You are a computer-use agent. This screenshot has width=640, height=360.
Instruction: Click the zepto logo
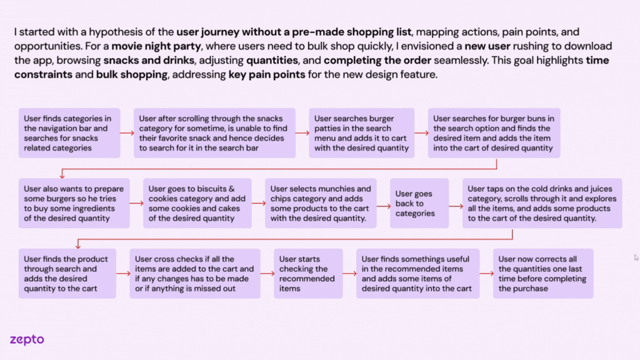pos(27,340)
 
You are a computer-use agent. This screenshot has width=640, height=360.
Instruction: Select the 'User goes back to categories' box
pos(415,203)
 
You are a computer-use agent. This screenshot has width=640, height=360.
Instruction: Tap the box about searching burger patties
pos(361,133)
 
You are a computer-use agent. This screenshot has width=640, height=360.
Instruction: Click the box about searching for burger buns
pos(494,133)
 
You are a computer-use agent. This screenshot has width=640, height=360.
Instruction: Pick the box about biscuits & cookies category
pos(197,203)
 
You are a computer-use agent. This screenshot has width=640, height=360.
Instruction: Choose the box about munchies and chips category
pos(321,203)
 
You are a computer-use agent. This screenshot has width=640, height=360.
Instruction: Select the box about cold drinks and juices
pos(542,203)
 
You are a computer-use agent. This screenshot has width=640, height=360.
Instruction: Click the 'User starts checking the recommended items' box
pos(307,273)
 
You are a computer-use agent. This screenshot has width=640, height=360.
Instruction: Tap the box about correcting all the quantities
pos(542,273)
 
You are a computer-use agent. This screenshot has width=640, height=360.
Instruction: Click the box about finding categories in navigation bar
pos(69,133)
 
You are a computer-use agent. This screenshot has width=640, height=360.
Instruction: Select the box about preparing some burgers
pos(74,203)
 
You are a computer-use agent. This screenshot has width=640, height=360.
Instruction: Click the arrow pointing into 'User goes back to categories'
pos(384,203)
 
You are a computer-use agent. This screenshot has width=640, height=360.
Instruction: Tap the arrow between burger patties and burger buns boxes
pos(421,133)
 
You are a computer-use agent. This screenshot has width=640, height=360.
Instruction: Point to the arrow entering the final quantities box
pos(486,273)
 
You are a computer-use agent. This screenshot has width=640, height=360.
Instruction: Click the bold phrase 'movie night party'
pos(149,46)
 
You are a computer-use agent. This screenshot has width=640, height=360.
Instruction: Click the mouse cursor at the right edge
pos(636,257)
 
